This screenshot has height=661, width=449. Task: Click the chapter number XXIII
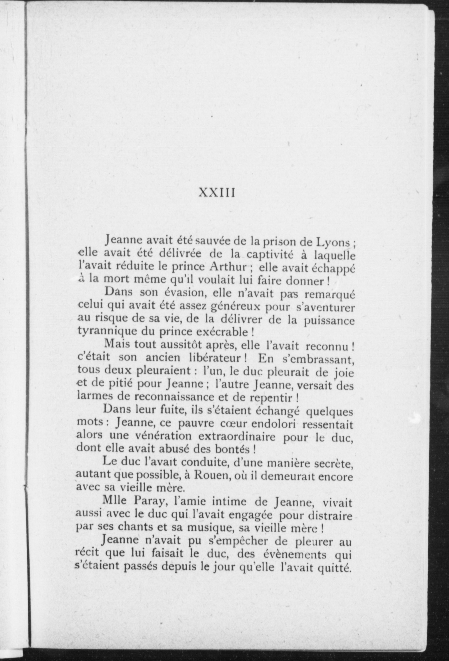217,193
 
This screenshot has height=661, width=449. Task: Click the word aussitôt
173,346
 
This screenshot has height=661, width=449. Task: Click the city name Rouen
209,477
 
